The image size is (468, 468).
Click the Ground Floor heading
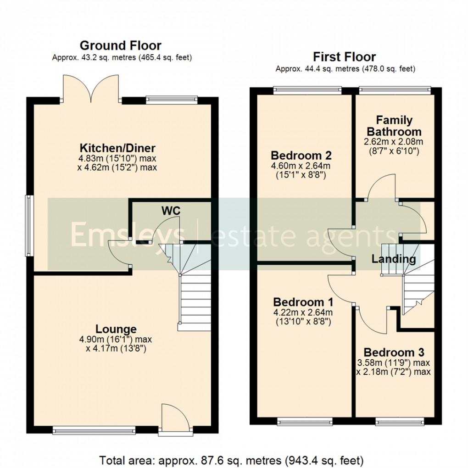pyautogui.click(x=120, y=45)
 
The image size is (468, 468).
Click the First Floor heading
pyautogui.click(x=344, y=57)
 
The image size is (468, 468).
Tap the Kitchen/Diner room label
pyautogui.click(x=117, y=148)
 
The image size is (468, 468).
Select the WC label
pyautogui.click(x=171, y=211)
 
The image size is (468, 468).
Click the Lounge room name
pyautogui.click(x=116, y=329)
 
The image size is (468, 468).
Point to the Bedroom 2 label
pyautogui.click(x=301, y=155)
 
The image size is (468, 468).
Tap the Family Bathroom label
pyautogui.click(x=394, y=126)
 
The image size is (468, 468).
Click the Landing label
pyautogui.click(x=393, y=259)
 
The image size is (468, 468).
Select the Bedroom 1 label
pyautogui.click(x=303, y=302)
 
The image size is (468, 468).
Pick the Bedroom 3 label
pyautogui.click(x=394, y=352)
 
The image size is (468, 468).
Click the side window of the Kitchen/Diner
pyautogui.click(x=28, y=225)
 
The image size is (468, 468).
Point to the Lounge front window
pyautogui.click(x=94, y=430)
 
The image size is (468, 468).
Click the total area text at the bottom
pyautogui.click(x=232, y=459)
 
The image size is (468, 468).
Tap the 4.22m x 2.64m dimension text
pyautogui.click(x=303, y=313)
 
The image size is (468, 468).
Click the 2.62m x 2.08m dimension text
pyautogui.click(x=394, y=141)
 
